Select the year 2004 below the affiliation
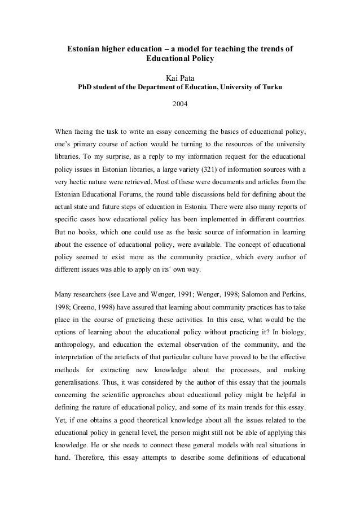[x=180, y=104]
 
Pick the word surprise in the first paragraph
[x=107, y=156]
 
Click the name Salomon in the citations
[x=248, y=293]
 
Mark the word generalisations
[x=78, y=384]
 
